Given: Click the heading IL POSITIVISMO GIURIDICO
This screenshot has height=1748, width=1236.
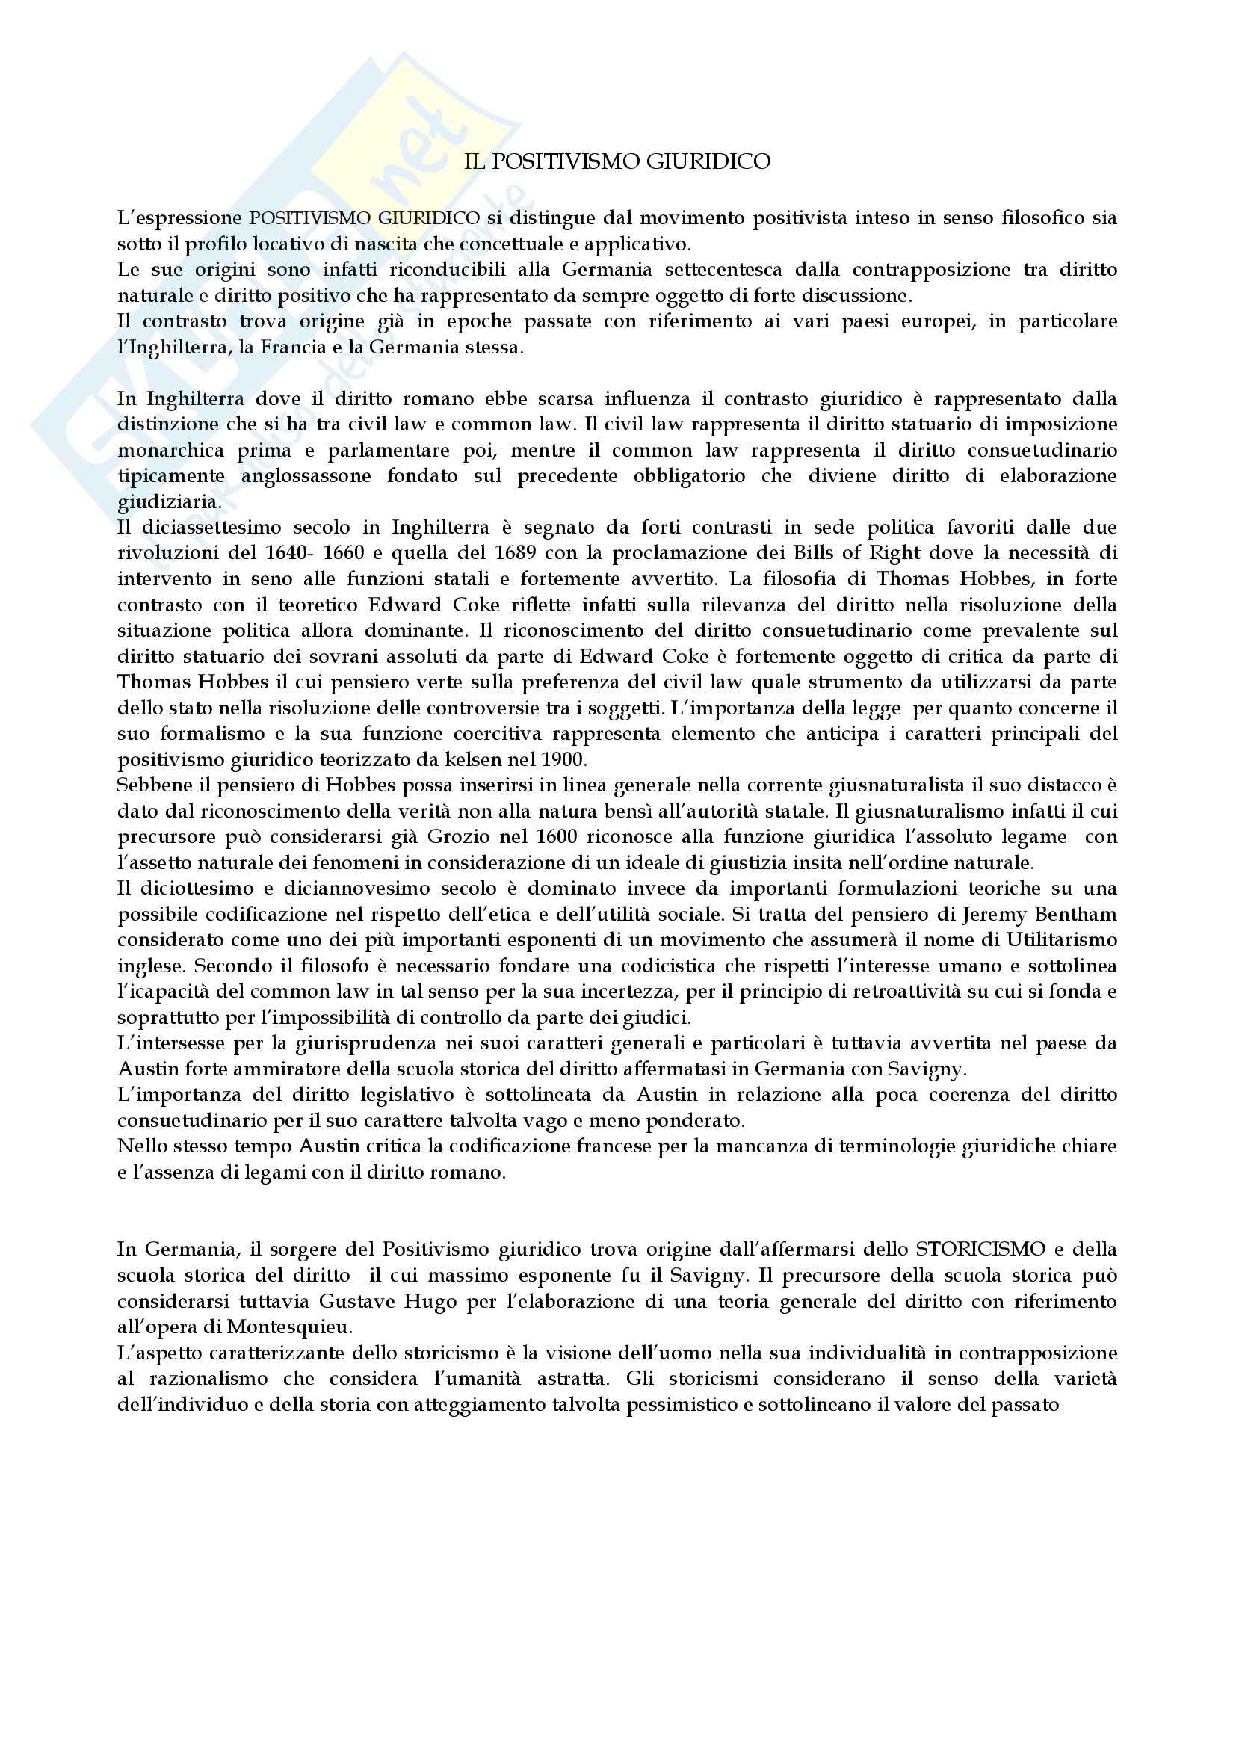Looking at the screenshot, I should pyautogui.click(x=617, y=162).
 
